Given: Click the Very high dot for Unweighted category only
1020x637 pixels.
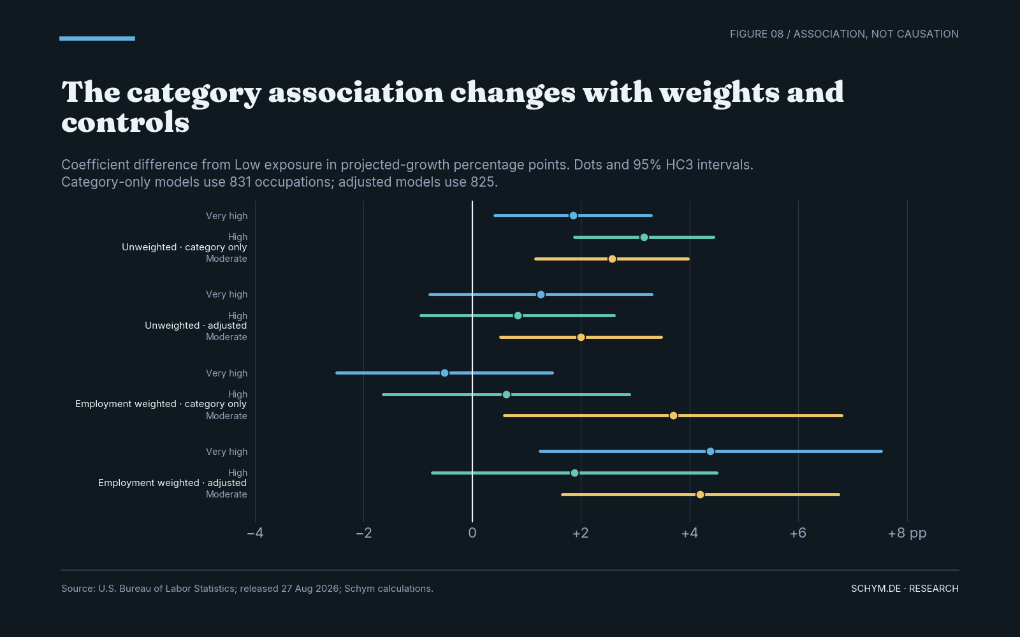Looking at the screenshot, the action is (573, 216).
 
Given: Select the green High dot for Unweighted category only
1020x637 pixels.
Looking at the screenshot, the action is (644, 237).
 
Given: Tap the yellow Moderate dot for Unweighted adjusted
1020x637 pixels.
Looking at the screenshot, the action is (581, 337).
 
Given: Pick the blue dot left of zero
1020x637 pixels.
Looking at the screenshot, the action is (444, 373).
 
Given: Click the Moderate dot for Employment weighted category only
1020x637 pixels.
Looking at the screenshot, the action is (673, 415).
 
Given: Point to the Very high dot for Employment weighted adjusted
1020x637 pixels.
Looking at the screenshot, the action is (710, 452).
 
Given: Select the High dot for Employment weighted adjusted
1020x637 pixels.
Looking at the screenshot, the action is (574, 473).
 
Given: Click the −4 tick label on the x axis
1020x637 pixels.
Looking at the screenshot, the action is (255, 533).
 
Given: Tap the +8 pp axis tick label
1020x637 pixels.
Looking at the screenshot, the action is (907, 533).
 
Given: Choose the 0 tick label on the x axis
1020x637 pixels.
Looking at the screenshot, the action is (472, 533).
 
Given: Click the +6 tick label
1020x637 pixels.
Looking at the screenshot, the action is (798, 533).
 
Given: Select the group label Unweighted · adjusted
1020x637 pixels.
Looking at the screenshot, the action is (196, 326).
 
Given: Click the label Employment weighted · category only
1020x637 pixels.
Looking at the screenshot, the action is (161, 404).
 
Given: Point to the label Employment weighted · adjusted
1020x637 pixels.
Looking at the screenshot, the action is (172, 483).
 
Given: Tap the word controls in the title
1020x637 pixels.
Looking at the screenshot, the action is (125, 122).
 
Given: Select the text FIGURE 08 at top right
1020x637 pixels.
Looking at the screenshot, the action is (757, 34).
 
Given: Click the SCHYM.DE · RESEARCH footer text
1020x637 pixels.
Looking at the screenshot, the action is (905, 589).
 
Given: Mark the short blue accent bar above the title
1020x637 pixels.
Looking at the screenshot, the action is (97, 39).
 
